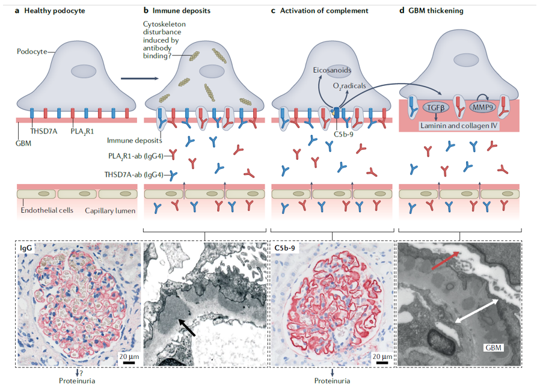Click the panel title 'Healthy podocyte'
pyautogui.click(x=50, y=11)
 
